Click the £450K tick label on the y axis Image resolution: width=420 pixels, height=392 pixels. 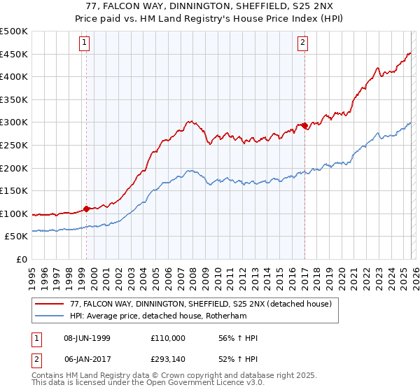(x=14, y=54)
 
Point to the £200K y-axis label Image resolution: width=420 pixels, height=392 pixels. (x=14, y=168)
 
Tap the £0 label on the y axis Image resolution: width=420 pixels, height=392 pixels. (x=21, y=259)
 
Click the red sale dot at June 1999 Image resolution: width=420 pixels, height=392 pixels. (x=86, y=209)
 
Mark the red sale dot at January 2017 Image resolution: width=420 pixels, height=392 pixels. (x=304, y=125)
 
